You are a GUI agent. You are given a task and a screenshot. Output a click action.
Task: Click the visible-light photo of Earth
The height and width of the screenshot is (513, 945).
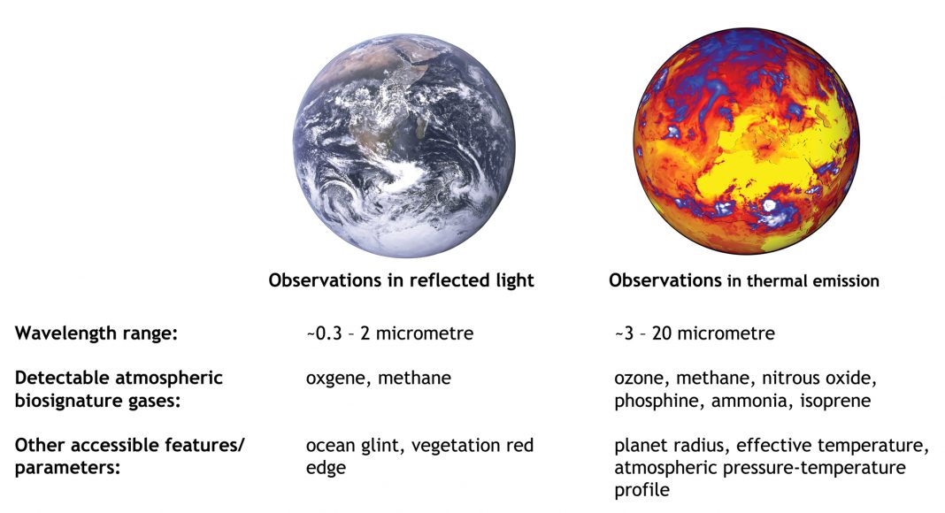403,146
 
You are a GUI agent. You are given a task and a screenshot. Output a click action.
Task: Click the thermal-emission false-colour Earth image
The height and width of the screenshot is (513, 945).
746,142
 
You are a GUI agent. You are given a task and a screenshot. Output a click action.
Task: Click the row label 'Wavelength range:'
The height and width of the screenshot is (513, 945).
96,333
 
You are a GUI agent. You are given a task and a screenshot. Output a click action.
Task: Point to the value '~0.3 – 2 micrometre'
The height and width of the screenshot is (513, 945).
389,333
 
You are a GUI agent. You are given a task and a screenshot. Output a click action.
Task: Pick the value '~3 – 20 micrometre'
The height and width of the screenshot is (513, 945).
695,333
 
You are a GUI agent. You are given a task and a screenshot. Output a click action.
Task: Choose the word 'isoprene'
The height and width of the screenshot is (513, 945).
835,401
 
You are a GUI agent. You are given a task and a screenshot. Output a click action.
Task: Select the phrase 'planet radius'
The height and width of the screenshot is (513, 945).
669,446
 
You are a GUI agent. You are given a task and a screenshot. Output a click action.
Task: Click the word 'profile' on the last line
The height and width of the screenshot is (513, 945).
642,490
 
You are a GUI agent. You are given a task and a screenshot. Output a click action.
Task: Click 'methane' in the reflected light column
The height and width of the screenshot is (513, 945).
415,379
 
